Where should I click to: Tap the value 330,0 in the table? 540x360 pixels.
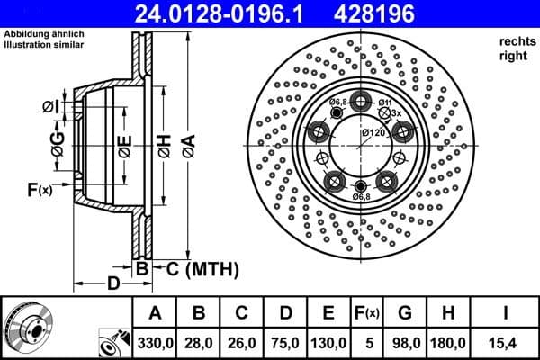[x=155, y=343]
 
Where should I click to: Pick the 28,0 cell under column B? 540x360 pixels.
[x=199, y=343]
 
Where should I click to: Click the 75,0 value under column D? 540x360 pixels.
[x=287, y=343]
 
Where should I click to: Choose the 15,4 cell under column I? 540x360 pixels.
[x=508, y=343]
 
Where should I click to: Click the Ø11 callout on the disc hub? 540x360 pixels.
[x=384, y=103]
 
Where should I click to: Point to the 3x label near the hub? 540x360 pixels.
[x=395, y=113]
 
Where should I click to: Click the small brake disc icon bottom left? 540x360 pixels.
[x=27, y=328]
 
